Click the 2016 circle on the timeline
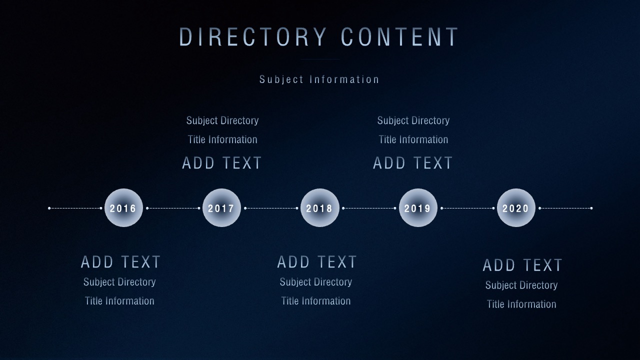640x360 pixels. click(x=123, y=207)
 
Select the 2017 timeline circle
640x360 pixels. click(x=221, y=207)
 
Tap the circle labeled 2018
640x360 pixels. click(x=319, y=207)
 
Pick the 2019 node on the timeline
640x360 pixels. click(x=418, y=207)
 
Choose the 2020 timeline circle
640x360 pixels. click(x=516, y=207)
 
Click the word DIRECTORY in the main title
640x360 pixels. click(x=253, y=36)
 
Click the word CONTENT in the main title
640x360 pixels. click(x=399, y=36)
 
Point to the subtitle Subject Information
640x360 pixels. click(x=319, y=79)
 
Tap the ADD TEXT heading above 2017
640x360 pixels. click(x=221, y=163)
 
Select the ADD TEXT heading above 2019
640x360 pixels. click(x=412, y=163)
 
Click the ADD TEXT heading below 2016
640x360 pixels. click(x=120, y=261)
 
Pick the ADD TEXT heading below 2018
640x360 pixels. click(x=317, y=261)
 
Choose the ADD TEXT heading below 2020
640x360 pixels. click(x=522, y=265)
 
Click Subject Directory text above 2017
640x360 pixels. click(x=222, y=120)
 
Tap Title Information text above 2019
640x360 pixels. click(x=413, y=139)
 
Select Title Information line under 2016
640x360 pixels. click(x=119, y=301)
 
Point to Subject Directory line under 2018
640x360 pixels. click(x=315, y=282)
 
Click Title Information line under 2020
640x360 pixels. click(x=521, y=304)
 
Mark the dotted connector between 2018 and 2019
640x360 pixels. click(x=369, y=208)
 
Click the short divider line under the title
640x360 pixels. click(x=320, y=59)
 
